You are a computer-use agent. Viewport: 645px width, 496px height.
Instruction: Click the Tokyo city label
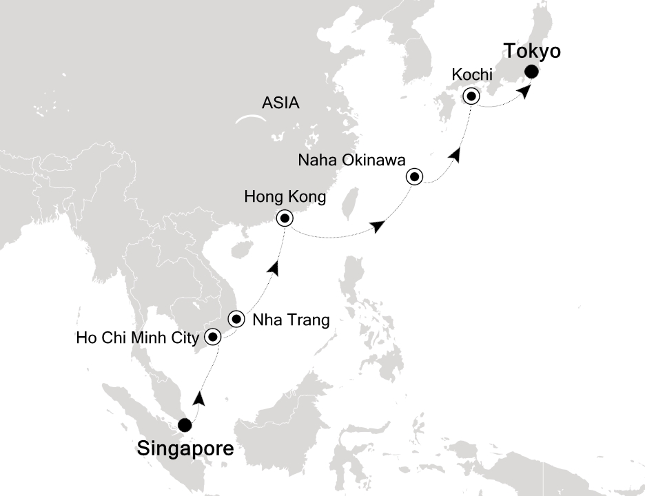(533, 52)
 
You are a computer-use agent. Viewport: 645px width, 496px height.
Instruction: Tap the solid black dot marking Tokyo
(532, 72)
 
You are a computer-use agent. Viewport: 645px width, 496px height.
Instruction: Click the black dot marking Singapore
(185, 425)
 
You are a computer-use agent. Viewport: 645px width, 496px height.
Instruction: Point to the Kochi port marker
(471, 96)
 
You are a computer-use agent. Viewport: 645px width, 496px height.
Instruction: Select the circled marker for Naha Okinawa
(414, 177)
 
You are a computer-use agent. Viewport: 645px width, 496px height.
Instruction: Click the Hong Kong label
(285, 198)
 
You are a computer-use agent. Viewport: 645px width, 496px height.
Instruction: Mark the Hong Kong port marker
(284, 219)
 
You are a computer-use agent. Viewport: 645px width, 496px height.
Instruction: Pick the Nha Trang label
(291, 320)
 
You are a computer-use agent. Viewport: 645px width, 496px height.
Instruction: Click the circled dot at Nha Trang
(237, 319)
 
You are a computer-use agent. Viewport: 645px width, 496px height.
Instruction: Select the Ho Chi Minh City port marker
(213, 337)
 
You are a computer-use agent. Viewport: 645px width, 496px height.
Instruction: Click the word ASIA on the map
(280, 103)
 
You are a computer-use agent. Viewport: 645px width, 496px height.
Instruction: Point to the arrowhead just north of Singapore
(199, 398)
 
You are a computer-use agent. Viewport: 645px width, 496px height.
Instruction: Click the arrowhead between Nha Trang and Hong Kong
(275, 269)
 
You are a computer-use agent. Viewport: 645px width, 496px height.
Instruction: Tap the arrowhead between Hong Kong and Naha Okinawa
(378, 226)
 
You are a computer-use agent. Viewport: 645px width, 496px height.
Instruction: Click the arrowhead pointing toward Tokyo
(524, 92)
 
